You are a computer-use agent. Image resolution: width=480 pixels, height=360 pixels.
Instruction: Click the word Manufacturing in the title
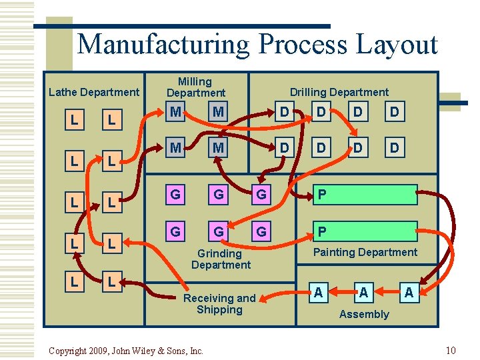click(x=164, y=45)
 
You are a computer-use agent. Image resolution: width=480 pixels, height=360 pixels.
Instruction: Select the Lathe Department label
click(x=94, y=93)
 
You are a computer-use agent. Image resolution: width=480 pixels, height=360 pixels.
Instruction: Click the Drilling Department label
click(x=339, y=93)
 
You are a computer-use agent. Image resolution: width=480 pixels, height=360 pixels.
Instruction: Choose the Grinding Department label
click(x=221, y=259)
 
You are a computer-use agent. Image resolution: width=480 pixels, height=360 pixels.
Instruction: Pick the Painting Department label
click(x=365, y=252)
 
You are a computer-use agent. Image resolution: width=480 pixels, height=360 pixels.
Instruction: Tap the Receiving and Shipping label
click(x=219, y=304)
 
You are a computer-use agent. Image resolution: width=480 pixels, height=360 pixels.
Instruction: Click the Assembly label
click(x=364, y=314)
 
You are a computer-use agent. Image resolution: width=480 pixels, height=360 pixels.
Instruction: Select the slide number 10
click(x=451, y=351)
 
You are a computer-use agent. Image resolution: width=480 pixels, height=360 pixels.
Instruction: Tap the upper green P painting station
click(x=366, y=195)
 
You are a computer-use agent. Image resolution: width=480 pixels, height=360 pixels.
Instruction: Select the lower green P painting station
click(x=366, y=231)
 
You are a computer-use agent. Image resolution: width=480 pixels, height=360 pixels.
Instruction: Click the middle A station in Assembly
click(x=363, y=293)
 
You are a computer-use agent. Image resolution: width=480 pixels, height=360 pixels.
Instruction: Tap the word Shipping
click(x=219, y=309)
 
